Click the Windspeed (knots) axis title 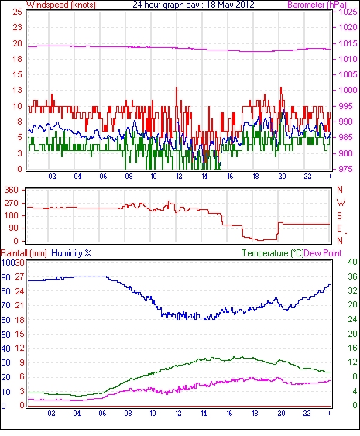[61, 5]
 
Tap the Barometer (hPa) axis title [317, 5]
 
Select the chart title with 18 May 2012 [194, 5]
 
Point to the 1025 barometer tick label [348, 12]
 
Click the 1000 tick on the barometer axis [348, 90]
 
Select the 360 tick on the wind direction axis [11, 191]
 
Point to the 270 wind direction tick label [11, 203]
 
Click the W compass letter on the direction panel [341, 203]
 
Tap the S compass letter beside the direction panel [339, 216]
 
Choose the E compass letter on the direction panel [339, 228]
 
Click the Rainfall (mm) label [24, 253]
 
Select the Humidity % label [71, 253]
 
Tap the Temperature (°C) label [273, 253]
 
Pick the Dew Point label [323, 253]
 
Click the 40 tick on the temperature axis [352, 262]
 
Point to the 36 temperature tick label [352, 276]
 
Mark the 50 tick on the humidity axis [5, 335]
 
